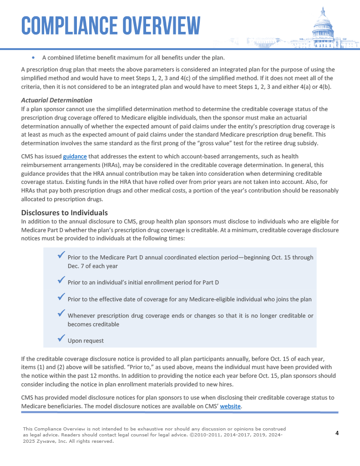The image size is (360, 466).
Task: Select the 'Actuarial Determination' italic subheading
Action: tap(57, 100)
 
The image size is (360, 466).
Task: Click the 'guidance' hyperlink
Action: tap(75, 157)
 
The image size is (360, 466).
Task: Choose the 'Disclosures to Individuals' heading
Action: tap(65, 213)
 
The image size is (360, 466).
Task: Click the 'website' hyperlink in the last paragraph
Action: tap(230, 406)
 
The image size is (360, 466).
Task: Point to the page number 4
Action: tap(337, 433)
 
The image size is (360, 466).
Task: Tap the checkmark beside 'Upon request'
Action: tap(61, 338)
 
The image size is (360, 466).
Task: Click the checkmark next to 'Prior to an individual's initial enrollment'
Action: tap(61, 280)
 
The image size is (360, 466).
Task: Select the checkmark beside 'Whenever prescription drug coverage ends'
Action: tap(61, 313)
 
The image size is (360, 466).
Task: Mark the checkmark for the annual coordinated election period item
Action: tap(61, 255)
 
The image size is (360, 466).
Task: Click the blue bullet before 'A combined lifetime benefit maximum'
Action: tap(34, 58)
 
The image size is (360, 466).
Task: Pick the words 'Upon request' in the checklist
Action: tap(86, 341)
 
